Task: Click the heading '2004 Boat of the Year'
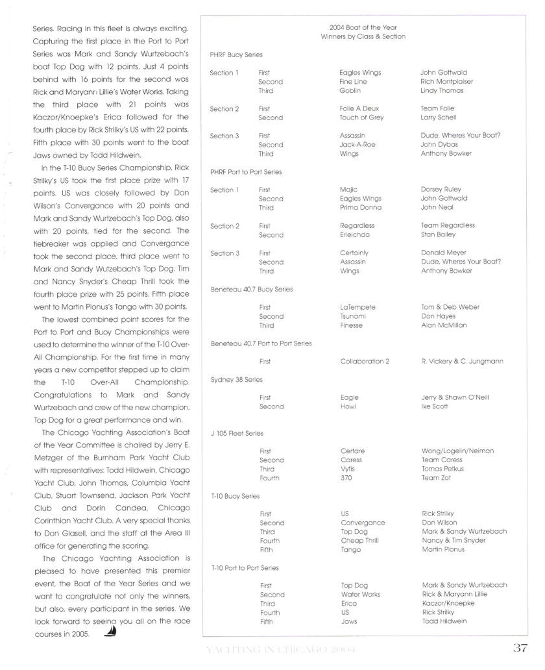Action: (363, 28)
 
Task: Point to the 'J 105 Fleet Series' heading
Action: (237, 433)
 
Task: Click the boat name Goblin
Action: (350, 91)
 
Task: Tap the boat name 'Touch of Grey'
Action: (361, 118)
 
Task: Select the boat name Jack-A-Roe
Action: (357, 145)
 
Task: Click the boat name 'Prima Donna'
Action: (361, 208)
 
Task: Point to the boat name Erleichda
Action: (356, 235)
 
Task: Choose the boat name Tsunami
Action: (353, 316)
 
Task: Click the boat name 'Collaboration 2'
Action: (365, 362)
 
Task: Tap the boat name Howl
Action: (348, 406)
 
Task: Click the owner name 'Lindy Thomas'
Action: (442, 91)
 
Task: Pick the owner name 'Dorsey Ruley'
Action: (441, 190)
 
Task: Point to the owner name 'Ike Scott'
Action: (435, 406)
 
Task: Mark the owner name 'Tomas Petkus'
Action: (443, 469)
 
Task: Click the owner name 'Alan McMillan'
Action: (444, 325)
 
